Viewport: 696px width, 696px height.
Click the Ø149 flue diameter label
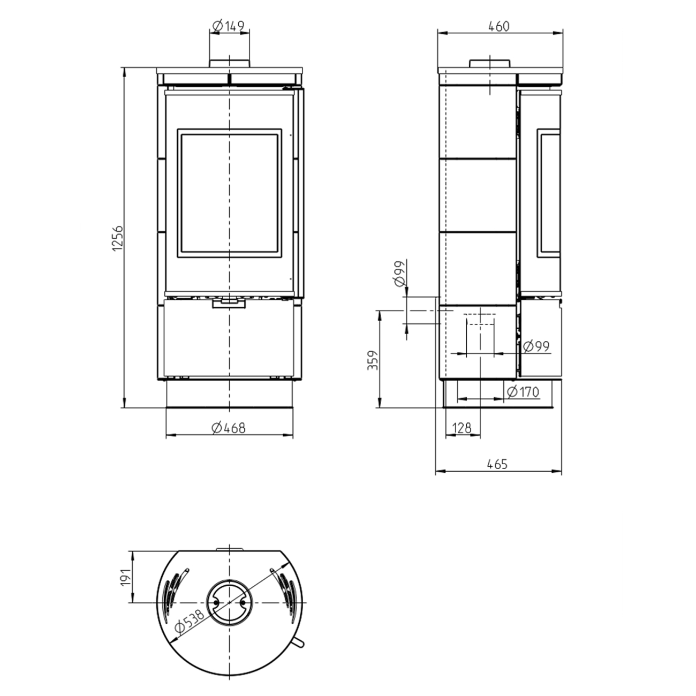[x=229, y=26]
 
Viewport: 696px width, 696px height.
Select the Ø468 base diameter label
[x=228, y=428]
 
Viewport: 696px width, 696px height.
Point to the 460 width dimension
[x=499, y=26]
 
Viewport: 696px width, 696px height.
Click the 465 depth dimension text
[x=497, y=464]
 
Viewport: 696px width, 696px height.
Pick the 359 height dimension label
[x=373, y=360]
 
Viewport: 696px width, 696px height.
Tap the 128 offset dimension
[x=462, y=428]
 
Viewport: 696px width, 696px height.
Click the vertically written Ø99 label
[x=399, y=274]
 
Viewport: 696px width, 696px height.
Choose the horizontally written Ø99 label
[x=536, y=346]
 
